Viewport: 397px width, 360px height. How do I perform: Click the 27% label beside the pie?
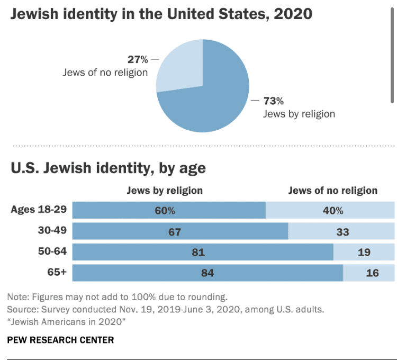tap(138, 59)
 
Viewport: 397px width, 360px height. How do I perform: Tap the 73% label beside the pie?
tap(274, 100)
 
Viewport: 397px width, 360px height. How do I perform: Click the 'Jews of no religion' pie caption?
tap(105, 73)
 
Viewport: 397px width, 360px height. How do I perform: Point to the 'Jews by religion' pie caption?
tap(299, 114)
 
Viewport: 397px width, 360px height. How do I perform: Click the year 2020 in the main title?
tap(292, 14)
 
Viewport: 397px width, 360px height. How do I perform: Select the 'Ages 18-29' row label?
tap(39, 209)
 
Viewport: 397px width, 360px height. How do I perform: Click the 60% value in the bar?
tap(165, 210)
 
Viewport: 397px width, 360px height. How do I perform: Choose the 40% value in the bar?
tap(333, 210)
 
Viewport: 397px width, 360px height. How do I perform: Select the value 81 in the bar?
tap(198, 253)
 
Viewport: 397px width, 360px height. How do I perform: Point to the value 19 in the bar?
tap(364, 253)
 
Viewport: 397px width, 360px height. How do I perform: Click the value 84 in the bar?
tap(206, 274)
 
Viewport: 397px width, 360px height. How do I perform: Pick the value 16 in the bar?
tap(372, 274)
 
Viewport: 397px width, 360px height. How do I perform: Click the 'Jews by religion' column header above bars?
tap(165, 191)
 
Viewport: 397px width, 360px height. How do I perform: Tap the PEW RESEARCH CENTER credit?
tap(60, 340)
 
